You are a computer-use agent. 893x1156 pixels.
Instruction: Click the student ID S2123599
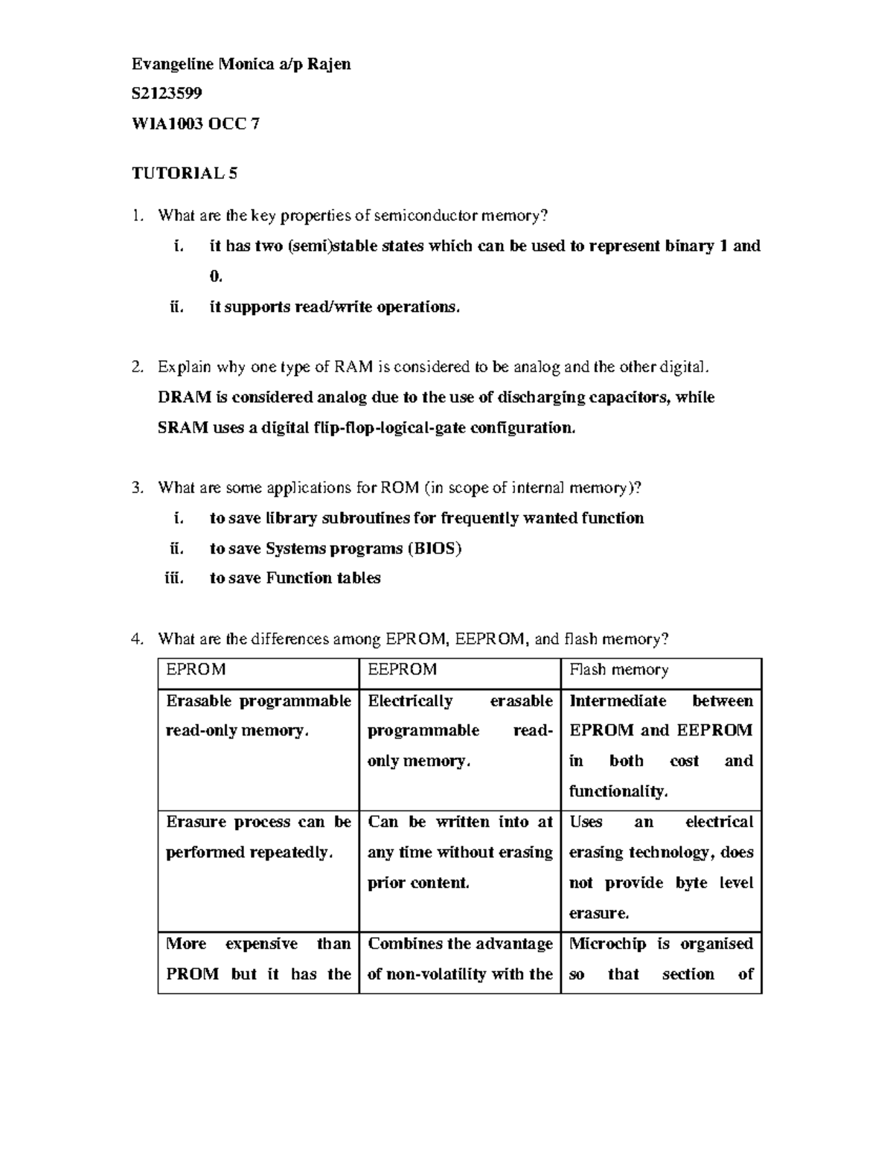(x=167, y=93)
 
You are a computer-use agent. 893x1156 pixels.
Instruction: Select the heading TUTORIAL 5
(x=185, y=173)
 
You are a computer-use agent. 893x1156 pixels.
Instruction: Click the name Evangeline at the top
(x=173, y=63)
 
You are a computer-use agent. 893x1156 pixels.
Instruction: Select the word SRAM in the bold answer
(x=183, y=428)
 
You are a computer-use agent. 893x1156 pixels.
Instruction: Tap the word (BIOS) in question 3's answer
(x=434, y=549)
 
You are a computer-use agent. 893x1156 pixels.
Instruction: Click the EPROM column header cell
(x=258, y=670)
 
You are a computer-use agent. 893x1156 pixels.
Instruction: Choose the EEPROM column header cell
(x=459, y=670)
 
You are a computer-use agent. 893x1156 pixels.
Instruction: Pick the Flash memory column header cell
(x=661, y=670)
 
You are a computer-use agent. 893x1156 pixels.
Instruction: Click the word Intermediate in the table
(x=618, y=701)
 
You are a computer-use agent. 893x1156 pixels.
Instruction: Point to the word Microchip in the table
(x=607, y=944)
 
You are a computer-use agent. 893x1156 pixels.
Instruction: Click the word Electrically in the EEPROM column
(x=410, y=701)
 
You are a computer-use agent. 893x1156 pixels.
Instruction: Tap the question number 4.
(x=136, y=639)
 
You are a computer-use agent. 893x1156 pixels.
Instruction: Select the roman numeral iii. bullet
(x=173, y=578)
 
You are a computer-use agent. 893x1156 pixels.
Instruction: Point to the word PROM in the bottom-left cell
(x=192, y=974)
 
